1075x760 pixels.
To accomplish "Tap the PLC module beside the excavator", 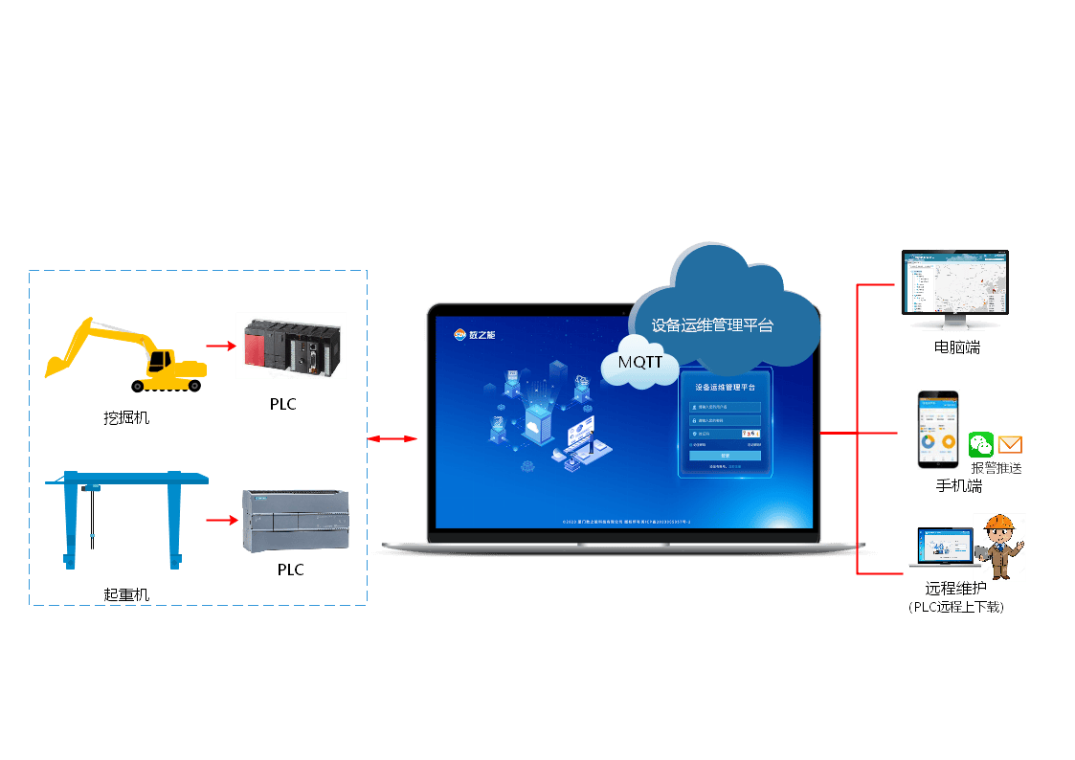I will tap(290, 346).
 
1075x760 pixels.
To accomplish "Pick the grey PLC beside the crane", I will tap(294, 520).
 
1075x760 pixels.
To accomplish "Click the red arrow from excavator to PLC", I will tap(221, 346).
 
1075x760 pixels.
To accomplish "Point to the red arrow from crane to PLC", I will tap(221, 521).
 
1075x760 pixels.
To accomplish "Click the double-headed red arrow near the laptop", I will tap(392, 438).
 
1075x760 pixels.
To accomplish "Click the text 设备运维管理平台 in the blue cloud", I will tap(712, 325).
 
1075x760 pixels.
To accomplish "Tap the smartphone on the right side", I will tap(938, 430).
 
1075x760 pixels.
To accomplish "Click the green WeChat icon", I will tap(981, 444).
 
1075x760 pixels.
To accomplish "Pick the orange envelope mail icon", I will tap(1010, 444).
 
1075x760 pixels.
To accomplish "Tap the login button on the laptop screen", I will tap(725, 456).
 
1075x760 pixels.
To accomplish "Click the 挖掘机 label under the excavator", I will tap(126, 417).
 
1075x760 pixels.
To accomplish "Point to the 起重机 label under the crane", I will tap(126, 594).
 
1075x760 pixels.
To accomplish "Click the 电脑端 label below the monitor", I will tap(956, 347).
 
